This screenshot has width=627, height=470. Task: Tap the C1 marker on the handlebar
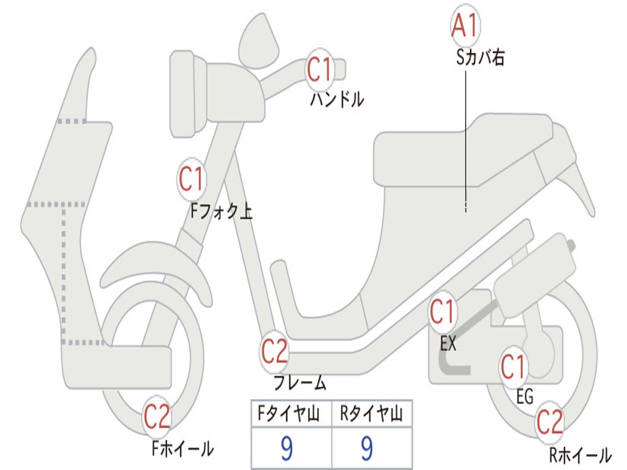click(x=319, y=70)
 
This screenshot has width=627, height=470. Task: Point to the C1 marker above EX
click(x=442, y=313)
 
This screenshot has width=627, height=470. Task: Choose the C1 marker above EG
click(x=513, y=367)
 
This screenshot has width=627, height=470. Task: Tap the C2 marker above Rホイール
click(x=549, y=423)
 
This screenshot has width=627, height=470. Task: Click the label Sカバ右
click(x=480, y=58)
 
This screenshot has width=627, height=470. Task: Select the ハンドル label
click(x=336, y=99)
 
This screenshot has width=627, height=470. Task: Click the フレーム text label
click(x=299, y=384)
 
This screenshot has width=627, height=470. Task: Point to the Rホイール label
click(x=579, y=455)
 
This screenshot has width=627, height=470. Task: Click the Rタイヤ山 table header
click(x=371, y=416)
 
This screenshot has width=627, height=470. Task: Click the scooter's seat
click(x=465, y=147)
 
